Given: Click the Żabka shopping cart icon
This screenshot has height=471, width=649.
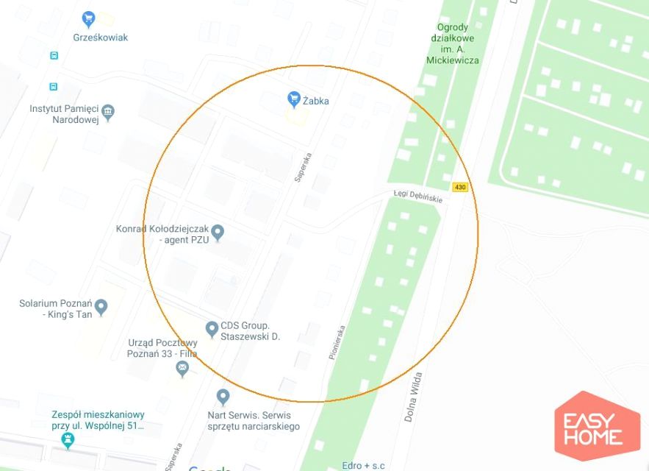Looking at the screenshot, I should click(294, 99).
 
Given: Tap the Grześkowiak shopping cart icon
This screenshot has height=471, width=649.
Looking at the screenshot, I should click(89, 18).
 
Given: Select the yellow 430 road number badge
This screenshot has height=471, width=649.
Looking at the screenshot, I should click(460, 187).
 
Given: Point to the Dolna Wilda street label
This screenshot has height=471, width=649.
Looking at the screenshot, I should click(413, 397).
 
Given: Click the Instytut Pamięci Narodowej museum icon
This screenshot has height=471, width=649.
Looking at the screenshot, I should click(109, 112).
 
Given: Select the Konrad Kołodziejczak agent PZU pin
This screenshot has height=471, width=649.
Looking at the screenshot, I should click(217, 233).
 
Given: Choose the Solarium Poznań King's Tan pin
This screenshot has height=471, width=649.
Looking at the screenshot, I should click(101, 306).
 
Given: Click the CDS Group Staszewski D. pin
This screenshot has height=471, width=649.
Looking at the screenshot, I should click(212, 328).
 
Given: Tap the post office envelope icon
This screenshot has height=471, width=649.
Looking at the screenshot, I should click(182, 369).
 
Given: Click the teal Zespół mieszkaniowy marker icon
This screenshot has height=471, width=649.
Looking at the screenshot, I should click(68, 440).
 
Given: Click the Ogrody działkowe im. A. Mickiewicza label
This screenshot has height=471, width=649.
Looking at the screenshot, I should click(452, 44).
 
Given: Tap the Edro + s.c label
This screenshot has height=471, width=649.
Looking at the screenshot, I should click(363, 465).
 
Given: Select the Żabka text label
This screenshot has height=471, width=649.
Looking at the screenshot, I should click(316, 100).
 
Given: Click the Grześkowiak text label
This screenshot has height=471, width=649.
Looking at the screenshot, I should click(101, 37).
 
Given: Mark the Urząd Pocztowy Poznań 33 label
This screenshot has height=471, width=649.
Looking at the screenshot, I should click(162, 348).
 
